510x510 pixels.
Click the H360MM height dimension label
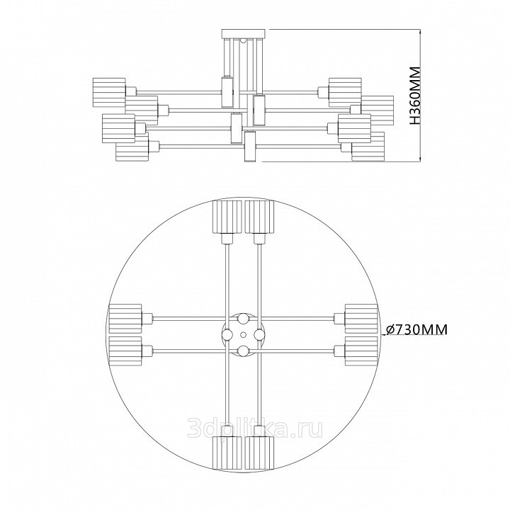pos(415,96)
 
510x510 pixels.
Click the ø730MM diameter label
pos(416,329)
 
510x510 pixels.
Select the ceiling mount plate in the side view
pos(243,33)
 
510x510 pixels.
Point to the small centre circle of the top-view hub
pos(243,334)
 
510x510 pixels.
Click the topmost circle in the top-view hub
pos(243,319)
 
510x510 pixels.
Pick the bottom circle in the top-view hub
pos(243,351)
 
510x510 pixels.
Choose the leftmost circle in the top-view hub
pos(227,334)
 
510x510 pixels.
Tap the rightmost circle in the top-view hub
pos(259,334)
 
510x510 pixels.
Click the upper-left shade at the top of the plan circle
pos(227,217)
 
